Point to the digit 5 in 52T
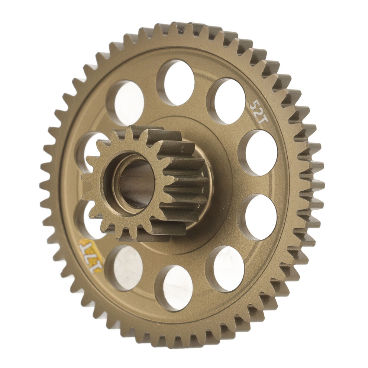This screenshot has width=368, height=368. coord(254,103)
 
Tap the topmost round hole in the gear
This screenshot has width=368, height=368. coord(176,82)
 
